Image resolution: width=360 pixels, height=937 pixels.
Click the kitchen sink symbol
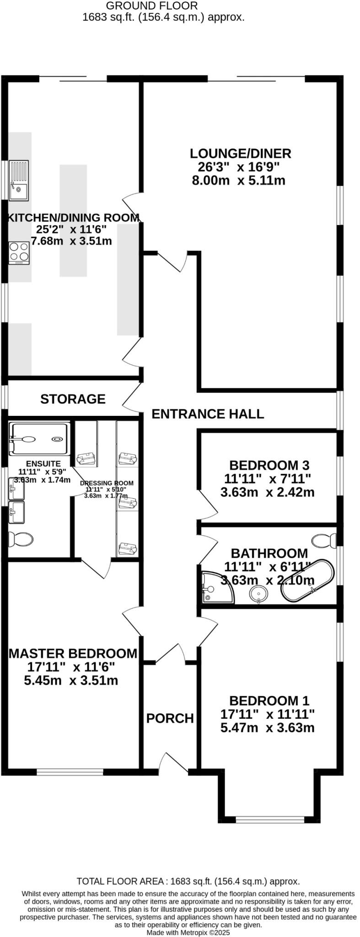coord(18,180)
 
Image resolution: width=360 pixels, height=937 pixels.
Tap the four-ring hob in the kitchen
coord(19,252)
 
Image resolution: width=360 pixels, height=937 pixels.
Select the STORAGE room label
coord(73,399)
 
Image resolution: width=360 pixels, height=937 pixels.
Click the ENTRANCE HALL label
coord(208,414)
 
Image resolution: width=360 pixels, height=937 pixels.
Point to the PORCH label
coord(170,718)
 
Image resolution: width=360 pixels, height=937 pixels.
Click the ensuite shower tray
coord(40,439)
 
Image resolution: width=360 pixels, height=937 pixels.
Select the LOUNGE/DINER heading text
coord(241,153)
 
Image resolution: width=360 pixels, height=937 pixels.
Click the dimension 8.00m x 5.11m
coord(238,180)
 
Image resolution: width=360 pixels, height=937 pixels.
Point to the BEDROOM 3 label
coord(269,465)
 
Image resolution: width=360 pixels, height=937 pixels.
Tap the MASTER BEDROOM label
coord(73,653)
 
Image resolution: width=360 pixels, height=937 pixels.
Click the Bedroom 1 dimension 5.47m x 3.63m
coord(267,727)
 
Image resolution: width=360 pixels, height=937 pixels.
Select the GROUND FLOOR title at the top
coord(152,5)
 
